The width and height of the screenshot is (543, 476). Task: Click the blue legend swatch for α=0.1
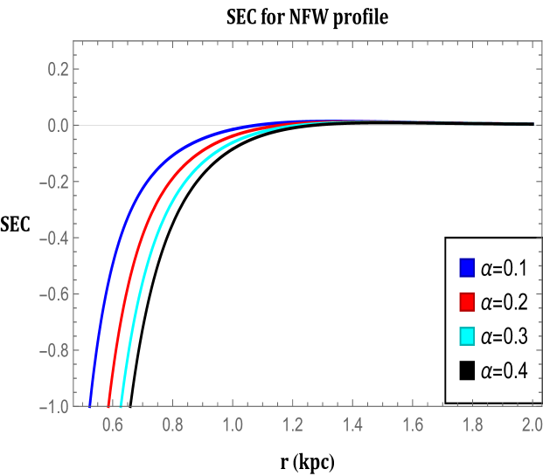(466, 266)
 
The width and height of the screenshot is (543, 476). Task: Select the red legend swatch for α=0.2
(466, 301)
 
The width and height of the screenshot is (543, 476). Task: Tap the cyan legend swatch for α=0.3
(466, 336)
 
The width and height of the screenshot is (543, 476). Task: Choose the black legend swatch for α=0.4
(466, 371)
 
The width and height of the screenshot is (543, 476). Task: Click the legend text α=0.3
(505, 336)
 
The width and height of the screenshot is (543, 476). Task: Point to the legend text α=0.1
(505, 266)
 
